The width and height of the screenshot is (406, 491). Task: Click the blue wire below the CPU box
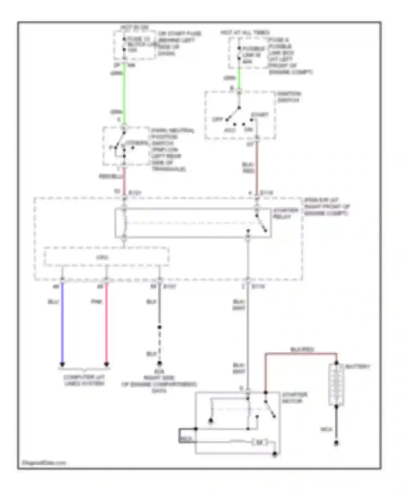(62, 322)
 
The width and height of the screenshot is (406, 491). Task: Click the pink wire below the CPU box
(106, 322)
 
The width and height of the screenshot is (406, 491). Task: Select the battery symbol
(336, 384)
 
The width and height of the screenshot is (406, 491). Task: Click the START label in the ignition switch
(260, 115)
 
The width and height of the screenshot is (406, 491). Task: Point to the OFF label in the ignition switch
(217, 119)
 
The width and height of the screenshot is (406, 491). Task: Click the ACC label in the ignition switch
(230, 130)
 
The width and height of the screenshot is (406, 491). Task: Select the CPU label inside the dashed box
(103, 257)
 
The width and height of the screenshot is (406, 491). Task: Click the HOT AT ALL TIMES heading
(245, 32)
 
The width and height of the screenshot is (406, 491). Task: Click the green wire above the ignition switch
(239, 78)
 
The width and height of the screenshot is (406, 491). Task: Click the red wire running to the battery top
(300, 353)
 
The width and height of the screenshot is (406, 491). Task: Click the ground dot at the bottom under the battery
(336, 443)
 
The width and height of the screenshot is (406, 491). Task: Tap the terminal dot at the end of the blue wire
(62, 364)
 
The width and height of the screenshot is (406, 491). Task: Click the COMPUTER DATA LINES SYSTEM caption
(84, 380)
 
